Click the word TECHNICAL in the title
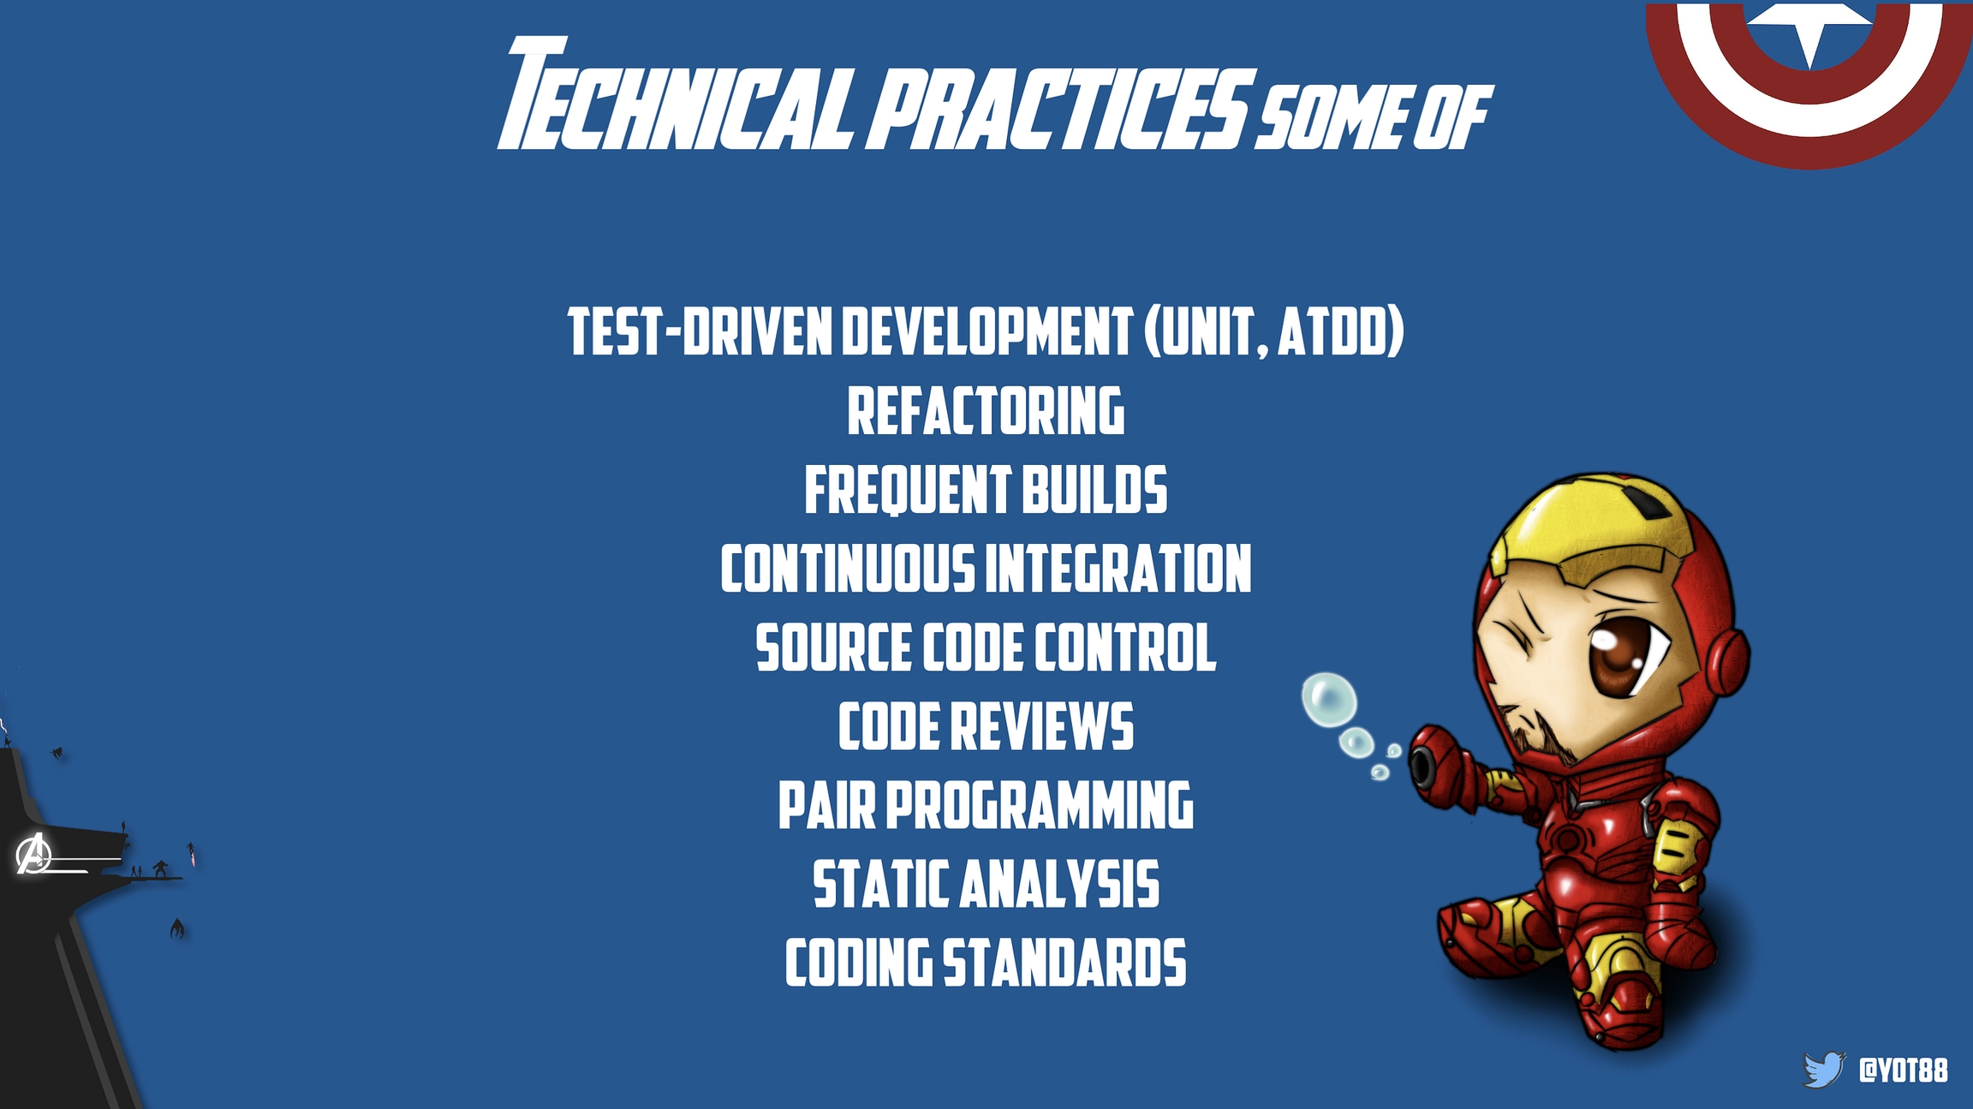pyautogui.click(x=677, y=94)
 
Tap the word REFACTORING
pyautogui.click(x=986, y=411)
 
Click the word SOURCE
pyautogui.click(x=833, y=647)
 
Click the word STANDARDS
pyautogui.click(x=1064, y=963)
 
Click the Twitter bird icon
pyautogui.click(x=1823, y=1069)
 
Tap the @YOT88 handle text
pyautogui.click(x=1903, y=1070)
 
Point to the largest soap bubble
pyautogui.click(x=1329, y=700)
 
